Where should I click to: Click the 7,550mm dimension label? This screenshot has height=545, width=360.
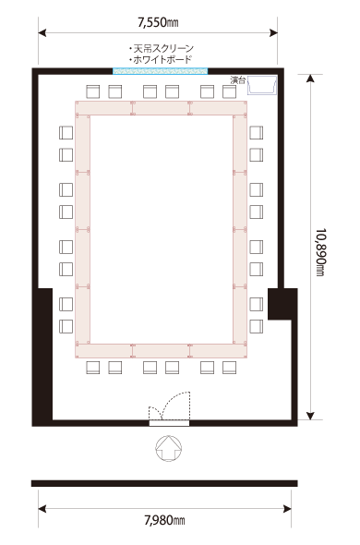158,23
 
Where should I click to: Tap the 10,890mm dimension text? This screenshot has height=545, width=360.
320,252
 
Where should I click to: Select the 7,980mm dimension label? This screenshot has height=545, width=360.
164,520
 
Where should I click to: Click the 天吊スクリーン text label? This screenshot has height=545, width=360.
162,48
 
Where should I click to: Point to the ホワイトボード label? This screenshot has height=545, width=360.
161,59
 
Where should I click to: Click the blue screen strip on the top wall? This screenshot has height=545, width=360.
161,71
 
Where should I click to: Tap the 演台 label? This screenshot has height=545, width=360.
238,80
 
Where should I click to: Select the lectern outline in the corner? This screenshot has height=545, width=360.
262,86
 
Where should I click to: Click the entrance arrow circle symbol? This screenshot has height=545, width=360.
169,448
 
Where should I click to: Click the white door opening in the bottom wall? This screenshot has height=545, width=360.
169,423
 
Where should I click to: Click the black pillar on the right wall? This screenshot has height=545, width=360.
282,304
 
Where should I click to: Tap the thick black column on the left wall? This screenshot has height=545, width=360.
45,354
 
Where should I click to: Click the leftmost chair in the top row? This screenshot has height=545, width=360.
93,91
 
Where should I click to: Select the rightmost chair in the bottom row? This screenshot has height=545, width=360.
229,368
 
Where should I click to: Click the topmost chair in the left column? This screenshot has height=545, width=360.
66,133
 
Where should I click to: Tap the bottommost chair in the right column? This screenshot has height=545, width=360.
256,326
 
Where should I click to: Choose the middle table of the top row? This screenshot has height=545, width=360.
162,108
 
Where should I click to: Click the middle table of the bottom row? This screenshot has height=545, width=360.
162,351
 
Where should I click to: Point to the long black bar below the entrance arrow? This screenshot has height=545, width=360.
164,483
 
